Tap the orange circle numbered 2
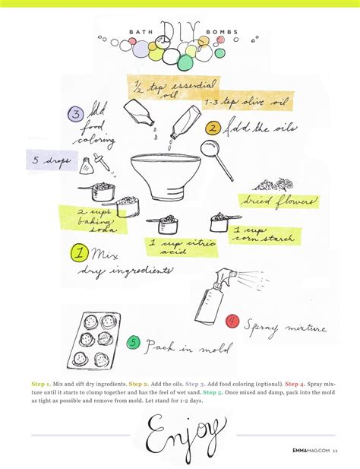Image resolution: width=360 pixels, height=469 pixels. coord(213,128)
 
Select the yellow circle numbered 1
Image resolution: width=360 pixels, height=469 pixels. coord(78,252)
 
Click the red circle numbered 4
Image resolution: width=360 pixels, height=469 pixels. coord(232,322)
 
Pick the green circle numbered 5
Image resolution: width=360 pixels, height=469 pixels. coord(133,343)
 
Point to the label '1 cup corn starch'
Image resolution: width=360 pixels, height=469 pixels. coord(264,234)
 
